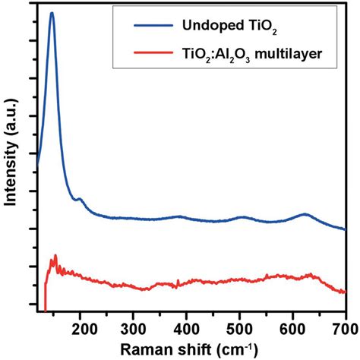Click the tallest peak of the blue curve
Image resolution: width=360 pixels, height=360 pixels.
(x=52, y=14)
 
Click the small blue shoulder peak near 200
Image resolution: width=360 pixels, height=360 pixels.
(x=79, y=199)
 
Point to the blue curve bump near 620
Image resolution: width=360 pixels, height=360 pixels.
(x=305, y=214)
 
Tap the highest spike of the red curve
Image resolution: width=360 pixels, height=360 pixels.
(x=55, y=256)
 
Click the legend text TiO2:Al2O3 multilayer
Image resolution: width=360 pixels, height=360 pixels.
(x=251, y=54)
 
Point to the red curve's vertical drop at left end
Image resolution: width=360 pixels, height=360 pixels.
(x=46, y=296)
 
